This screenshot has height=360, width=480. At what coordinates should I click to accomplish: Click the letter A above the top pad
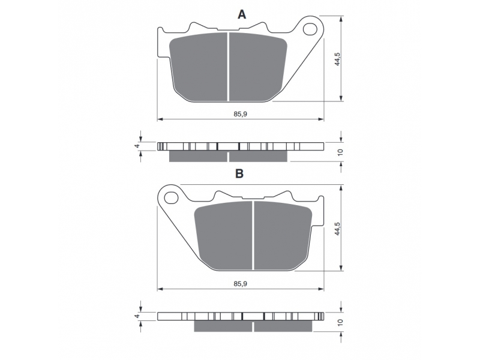click(242, 14)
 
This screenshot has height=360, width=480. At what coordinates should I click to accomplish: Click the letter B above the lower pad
click(239, 173)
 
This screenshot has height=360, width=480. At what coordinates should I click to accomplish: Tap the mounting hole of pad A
click(310, 29)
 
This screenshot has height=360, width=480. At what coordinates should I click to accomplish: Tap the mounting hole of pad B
click(171, 198)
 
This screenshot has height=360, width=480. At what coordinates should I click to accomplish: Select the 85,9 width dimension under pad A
click(241, 114)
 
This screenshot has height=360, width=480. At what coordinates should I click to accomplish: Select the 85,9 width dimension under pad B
click(241, 283)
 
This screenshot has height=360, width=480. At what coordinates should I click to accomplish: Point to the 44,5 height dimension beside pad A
click(337, 59)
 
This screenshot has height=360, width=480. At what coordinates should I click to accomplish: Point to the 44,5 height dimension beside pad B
click(337, 229)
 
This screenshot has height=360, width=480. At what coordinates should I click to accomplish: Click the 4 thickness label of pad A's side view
click(137, 146)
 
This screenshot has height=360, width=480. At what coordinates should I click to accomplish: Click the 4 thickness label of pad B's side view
click(137, 316)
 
